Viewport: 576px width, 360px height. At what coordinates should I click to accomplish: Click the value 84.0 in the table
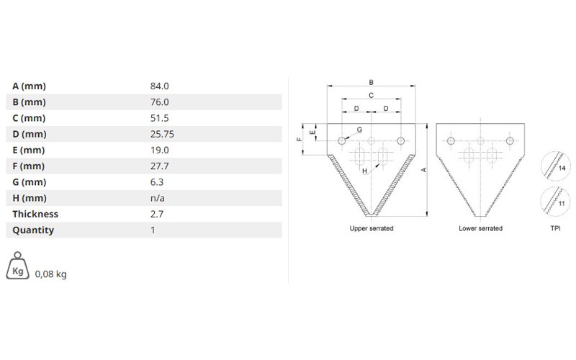click(x=159, y=86)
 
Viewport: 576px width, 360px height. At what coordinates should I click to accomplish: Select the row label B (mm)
click(x=29, y=102)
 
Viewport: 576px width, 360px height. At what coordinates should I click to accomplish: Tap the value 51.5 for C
click(x=159, y=118)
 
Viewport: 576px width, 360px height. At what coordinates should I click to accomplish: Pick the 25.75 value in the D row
click(x=162, y=134)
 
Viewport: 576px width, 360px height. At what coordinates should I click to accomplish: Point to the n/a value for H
click(x=157, y=198)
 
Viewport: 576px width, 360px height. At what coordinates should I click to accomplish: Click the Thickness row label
click(x=35, y=214)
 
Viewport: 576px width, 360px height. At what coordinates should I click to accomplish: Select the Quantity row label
click(x=33, y=230)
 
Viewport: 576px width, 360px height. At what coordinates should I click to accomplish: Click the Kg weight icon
click(x=17, y=266)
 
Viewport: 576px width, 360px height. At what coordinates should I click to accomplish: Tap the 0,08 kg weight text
click(x=50, y=274)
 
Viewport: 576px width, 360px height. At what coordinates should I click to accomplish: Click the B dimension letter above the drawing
click(x=371, y=83)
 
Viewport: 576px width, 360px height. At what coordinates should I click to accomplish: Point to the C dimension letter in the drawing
click(x=371, y=96)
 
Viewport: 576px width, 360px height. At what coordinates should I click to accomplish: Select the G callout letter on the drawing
click(x=359, y=130)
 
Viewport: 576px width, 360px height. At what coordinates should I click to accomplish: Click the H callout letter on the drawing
click(x=364, y=171)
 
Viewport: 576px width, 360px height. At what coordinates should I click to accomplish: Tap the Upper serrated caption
click(x=372, y=228)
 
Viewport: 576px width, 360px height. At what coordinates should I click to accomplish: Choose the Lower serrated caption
click(x=480, y=228)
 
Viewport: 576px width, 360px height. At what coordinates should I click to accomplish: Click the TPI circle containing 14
click(x=555, y=166)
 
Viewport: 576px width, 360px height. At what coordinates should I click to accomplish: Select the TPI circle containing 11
click(x=555, y=201)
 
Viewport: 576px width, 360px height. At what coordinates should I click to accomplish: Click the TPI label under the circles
click(x=555, y=228)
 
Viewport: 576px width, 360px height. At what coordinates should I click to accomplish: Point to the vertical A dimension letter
click(x=423, y=170)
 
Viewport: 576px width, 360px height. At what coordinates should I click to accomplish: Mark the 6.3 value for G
click(x=157, y=182)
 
